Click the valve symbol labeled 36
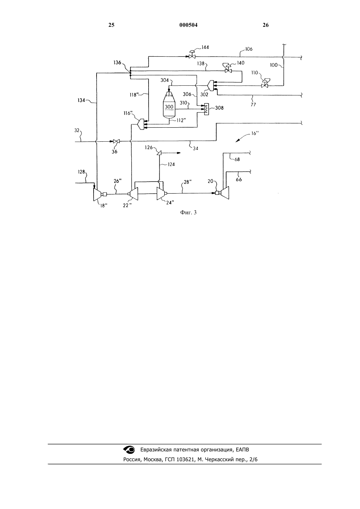click(x=117, y=141)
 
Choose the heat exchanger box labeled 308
click(x=207, y=109)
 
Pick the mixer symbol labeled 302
click(x=211, y=85)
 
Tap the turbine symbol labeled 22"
click(x=134, y=194)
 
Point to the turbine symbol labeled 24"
click(x=161, y=194)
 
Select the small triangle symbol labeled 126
click(x=159, y=153)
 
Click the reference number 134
click(x=81, y=100)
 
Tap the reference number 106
click(x=249, y=49)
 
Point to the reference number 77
click(x=253, y=105)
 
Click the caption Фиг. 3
click(x=188, y=212)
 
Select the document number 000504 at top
click(x=189, y=25)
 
